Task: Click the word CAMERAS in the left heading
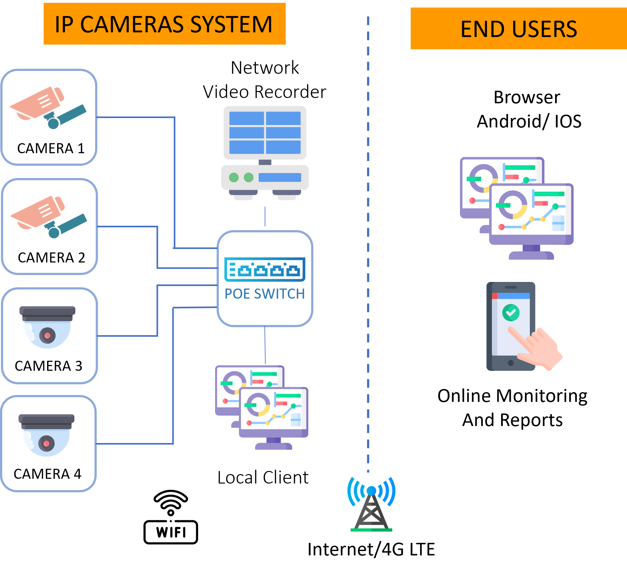(x=131, y=24)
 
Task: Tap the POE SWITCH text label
(x=265, y=294)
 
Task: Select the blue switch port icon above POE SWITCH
(x=265, y=269)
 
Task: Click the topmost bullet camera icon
(x=48, y=108)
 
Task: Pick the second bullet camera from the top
(x=49, y=217)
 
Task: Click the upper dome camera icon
(x=47, y=327)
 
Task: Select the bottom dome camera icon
(x=46, y=435)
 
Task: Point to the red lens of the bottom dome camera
(x=46, y=443)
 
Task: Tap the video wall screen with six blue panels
(x=265, y=132)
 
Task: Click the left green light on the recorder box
(x=234, y=177)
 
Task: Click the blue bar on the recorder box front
(x=280, y=177)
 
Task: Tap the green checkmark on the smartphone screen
(x=511, y=312)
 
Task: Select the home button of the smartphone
(x=511, y=363)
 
